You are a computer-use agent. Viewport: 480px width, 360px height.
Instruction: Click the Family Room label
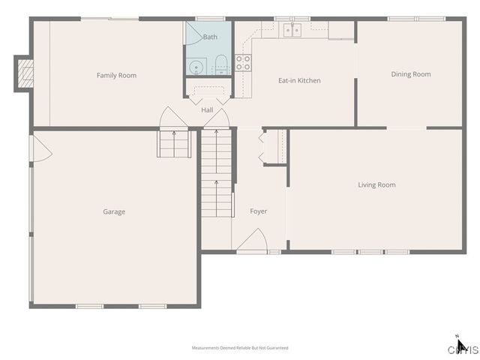coord(116,75)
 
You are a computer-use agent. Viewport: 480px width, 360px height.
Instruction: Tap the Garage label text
coord(114,211)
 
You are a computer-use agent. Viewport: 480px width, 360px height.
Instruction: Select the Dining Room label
coord(411,74)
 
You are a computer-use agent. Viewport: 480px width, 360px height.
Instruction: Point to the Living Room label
coord(376,184)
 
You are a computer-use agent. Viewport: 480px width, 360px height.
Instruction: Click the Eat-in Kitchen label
coord(299,80)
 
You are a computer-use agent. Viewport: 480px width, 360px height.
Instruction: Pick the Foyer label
coord(258,211)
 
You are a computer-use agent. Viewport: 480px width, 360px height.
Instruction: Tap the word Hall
coord(207,111)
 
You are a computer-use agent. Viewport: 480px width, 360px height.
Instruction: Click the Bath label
coord(210,36)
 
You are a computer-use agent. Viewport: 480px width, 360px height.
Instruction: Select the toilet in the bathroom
coord(221,66)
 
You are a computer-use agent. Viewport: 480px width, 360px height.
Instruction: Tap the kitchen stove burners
coord(243,63)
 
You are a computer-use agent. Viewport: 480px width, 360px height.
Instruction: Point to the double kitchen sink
coord(292,30)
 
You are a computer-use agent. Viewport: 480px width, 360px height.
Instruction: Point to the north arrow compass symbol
coord(460,345)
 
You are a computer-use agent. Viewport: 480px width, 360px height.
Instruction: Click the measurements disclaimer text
coord(240,348)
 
